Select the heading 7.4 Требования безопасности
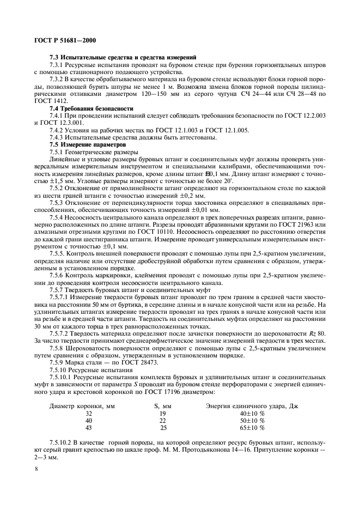91,108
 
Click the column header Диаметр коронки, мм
82,406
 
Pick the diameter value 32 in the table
89,413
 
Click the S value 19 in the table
162,413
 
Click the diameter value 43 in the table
89,428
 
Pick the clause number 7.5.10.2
63,445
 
